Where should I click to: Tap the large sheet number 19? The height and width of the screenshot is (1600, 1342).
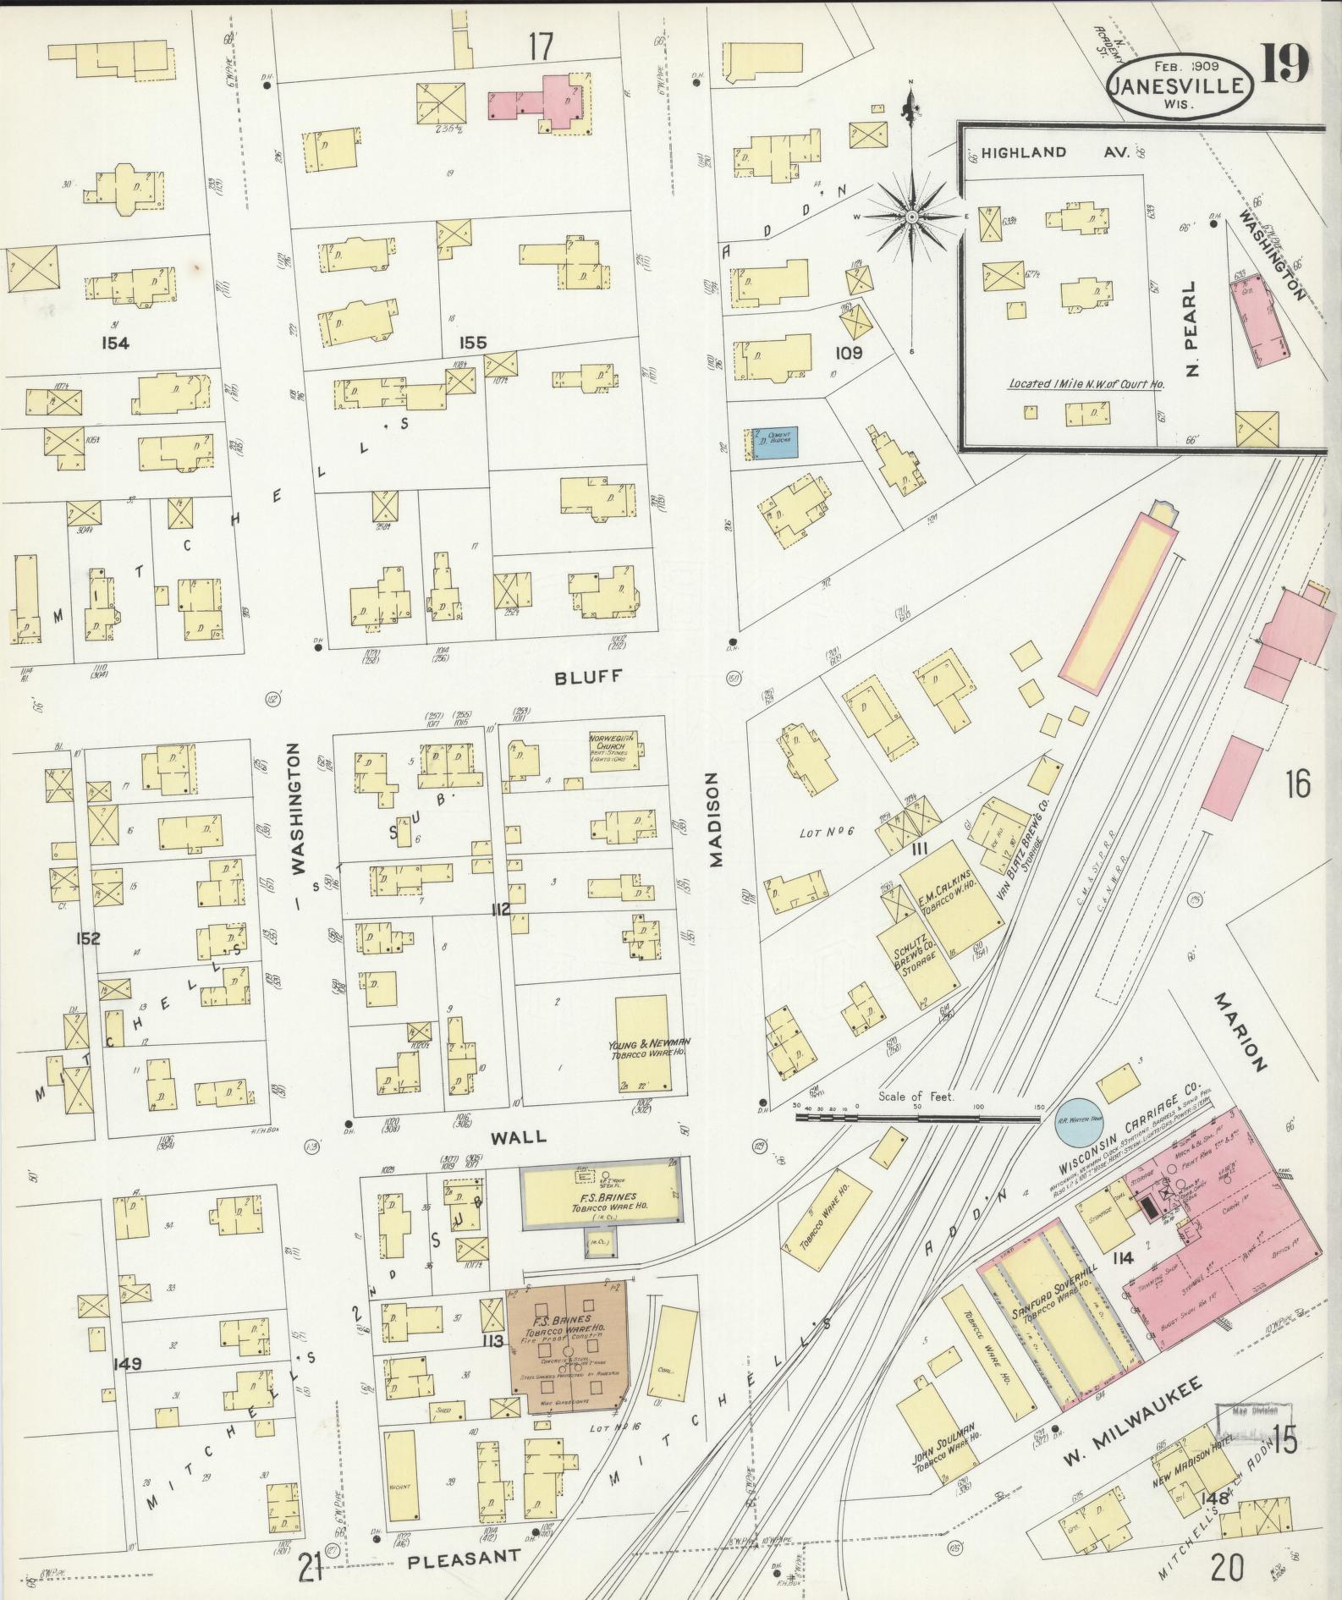tap(1285, 63)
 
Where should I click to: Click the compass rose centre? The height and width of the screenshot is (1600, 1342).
tap(911, 217)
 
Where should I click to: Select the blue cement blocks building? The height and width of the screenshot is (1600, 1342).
tap(774, 444)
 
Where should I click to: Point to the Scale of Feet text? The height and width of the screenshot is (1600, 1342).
tap(916, 1097)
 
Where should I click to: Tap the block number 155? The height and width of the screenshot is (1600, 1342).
tap(473, 343)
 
